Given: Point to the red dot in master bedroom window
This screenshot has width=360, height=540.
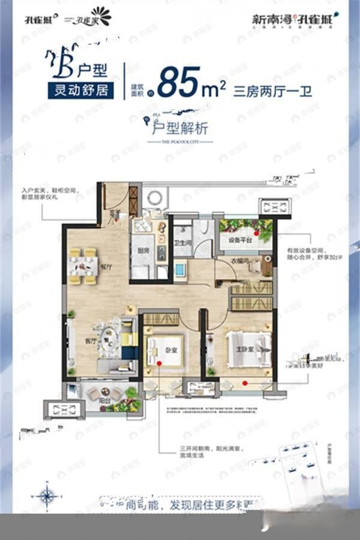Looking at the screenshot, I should (245, 382).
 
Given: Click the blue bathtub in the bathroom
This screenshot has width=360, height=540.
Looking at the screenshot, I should (180, 269).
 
